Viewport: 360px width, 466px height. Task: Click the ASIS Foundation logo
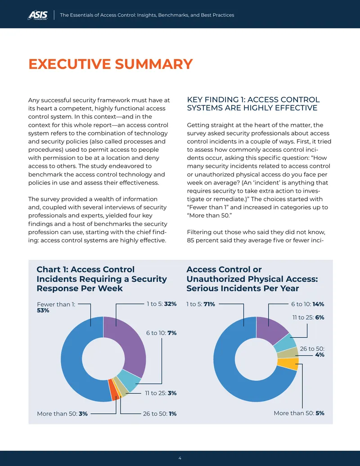tap(38, 15)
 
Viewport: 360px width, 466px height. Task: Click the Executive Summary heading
tap(111, 64)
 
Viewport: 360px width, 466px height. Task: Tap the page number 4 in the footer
tap(180, 458)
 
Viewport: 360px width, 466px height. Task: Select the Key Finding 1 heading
tap(253, 104)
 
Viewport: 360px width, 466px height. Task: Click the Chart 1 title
tap(102, 279)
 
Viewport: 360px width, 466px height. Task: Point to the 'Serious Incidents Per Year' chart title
tap(252, 279)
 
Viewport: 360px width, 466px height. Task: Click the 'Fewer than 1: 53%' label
tap(56, 308)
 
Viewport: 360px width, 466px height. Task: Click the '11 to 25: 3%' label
tap(161, 393)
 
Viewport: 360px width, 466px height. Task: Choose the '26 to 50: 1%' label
tap(160, 413)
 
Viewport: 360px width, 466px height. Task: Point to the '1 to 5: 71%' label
tap(201, 304)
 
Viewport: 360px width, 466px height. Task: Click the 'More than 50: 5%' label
tap(299, 413)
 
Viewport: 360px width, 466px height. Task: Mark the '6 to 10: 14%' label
tap(307, 304)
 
